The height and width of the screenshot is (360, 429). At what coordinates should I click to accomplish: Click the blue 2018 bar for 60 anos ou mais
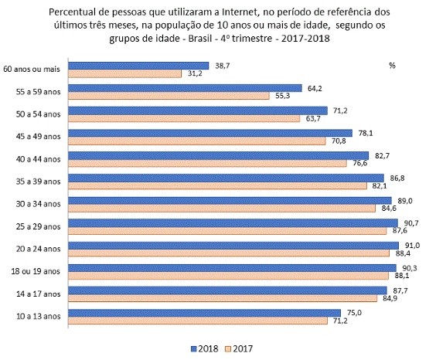139,66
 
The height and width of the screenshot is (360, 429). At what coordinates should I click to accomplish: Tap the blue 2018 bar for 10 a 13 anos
204,313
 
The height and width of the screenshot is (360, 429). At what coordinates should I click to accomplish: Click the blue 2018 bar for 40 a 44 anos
220,155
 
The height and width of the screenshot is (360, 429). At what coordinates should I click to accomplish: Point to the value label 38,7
223,66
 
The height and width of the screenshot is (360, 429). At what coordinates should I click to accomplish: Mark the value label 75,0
353,311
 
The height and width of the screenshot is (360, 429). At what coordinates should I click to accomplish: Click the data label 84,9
388,298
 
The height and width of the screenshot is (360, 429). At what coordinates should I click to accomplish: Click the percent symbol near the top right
393,66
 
